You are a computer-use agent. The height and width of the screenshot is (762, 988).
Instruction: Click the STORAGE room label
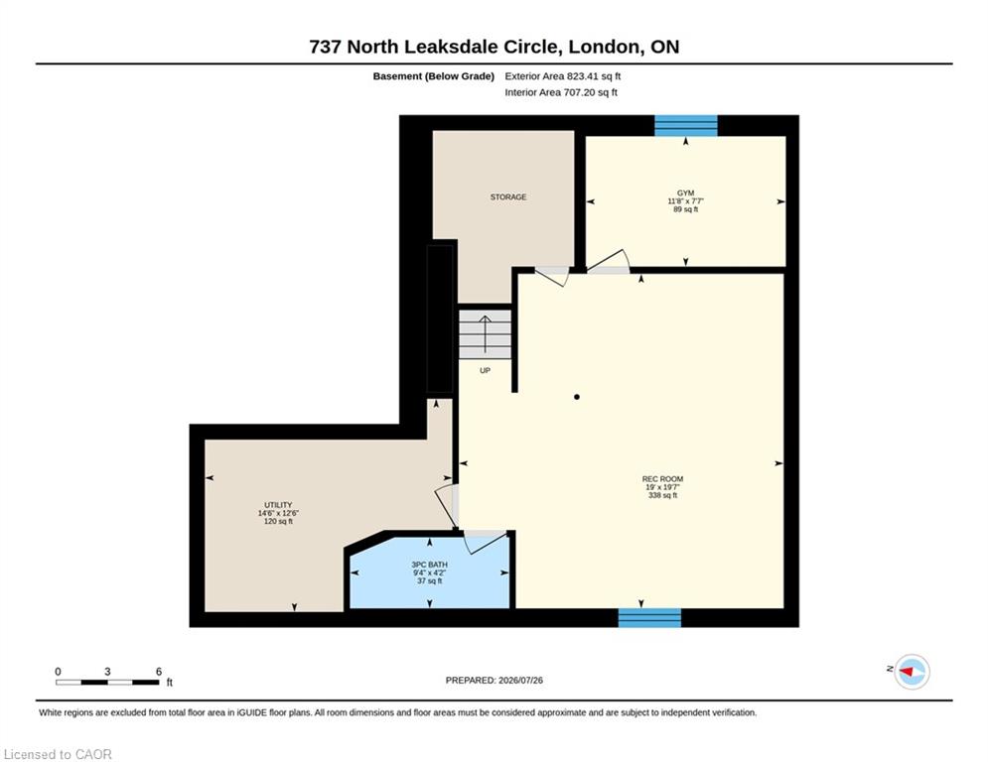[x=507, y=197]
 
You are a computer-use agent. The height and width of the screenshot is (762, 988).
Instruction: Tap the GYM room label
[x=685, y=193]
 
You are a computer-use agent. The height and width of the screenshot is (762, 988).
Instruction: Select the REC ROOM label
[x=662, y=479]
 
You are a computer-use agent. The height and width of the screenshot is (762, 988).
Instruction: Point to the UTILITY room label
[x=278, y=505]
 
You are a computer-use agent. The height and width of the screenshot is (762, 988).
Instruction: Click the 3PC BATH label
[x=429, y=565]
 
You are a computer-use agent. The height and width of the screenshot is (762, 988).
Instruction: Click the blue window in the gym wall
[x=685, y=125]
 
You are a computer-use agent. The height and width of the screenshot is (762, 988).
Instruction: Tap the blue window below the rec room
[x=649, y=618]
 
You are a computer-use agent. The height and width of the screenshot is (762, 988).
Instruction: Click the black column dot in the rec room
[x=577, y=397]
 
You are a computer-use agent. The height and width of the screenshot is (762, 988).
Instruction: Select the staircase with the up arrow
[x=485, y=334]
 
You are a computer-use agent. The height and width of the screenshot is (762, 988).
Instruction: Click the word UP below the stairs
[x=485, y=370]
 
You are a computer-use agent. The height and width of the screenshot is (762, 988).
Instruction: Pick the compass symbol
[x=912, y=672]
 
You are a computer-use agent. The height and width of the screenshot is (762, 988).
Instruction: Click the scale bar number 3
[x=108, y=672]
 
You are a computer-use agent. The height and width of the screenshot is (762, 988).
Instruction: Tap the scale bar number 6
[x=159, y=672]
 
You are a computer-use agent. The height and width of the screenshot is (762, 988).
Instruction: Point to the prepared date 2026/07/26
[x=520, y=680]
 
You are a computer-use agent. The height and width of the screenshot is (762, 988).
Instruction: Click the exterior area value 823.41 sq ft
[x=594, y=76]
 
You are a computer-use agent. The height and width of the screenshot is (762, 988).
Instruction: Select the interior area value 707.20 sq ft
[x=591, y=92]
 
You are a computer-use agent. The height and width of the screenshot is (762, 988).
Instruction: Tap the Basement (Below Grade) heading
[x=434, y=76]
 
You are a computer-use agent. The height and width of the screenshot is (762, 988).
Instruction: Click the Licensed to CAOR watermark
[x=58, y=754]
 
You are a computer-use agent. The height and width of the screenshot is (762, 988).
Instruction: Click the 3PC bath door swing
[x=486, y=542]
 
